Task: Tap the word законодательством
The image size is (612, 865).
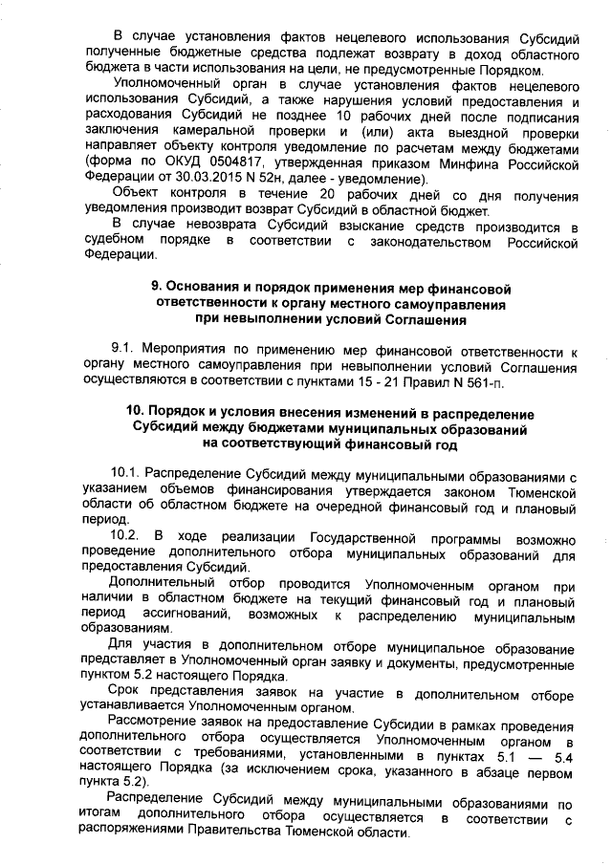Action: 443,242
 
